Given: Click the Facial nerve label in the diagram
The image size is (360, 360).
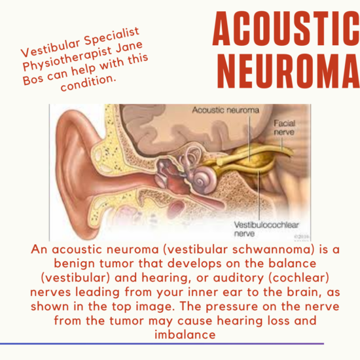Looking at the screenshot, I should click(284, 126).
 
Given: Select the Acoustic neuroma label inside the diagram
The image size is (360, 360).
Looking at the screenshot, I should click(224, 111).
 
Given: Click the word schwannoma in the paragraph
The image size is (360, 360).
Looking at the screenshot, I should click(257, 251).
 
